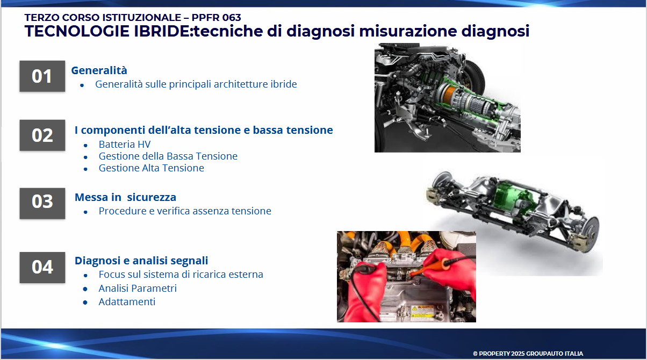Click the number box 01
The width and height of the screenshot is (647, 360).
tap(42, 76)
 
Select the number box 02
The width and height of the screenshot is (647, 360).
tap(42, 135)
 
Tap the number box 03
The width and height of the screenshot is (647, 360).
tap(42, 204)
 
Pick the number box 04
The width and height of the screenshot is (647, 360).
tap(42, 268)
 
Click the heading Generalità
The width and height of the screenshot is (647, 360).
tap(99, 70)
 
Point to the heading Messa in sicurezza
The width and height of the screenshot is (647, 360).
tap(125, 197)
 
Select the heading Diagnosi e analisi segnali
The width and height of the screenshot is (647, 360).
tap(141, 261)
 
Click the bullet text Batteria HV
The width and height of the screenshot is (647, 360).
tap(125, 144)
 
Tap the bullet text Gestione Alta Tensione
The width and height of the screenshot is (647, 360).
tap(152, 168)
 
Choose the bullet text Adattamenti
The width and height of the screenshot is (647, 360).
tap(127, 301)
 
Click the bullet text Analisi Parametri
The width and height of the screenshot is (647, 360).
tap(138, 288)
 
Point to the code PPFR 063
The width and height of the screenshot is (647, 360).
tap(216, 18)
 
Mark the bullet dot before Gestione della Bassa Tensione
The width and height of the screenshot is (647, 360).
tap(85, 157)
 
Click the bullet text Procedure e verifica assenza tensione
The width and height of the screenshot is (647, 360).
tap(185, 211)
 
